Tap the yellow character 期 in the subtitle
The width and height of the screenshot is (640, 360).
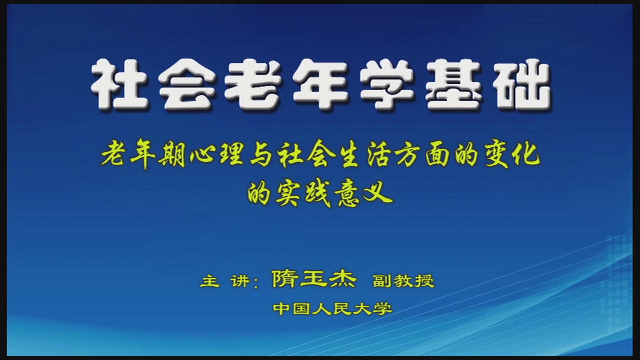point(172,156)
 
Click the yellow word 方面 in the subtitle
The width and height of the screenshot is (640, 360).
point(424,156)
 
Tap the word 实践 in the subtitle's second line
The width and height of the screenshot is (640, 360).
point(303,193)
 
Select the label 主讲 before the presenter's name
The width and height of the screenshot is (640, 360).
point(225,281)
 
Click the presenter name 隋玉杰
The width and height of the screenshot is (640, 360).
point(314,279)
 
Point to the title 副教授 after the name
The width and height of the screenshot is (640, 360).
point(404,281)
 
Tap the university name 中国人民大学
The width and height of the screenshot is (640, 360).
point(333,309)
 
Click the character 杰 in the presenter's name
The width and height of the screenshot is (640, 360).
point(342,279)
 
